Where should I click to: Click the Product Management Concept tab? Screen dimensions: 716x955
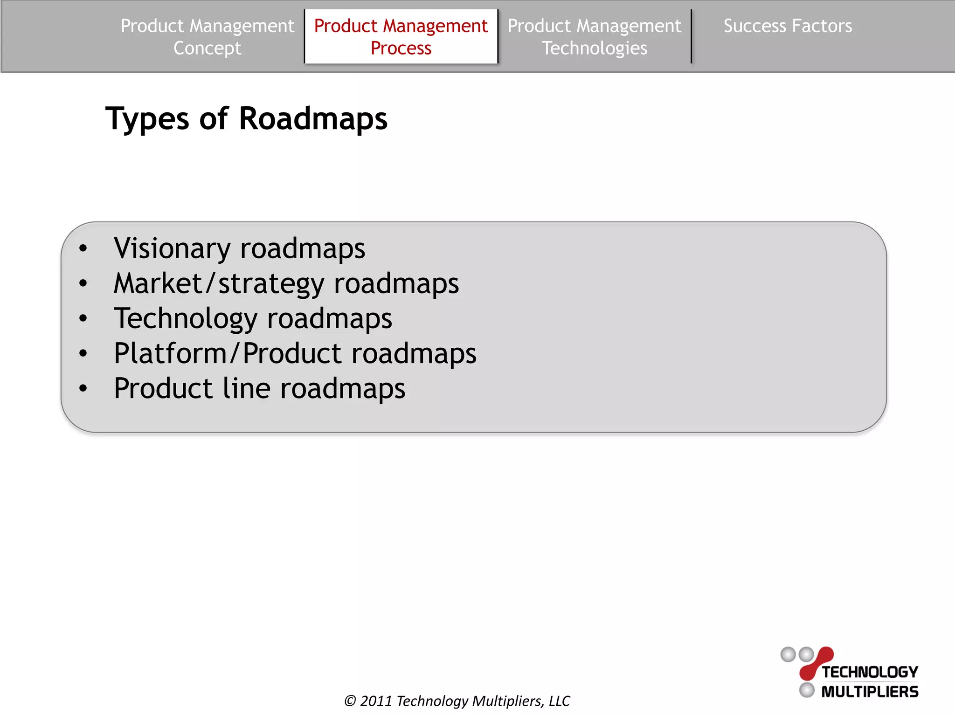pos(207,37)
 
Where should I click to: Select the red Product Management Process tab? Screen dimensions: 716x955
pos(401,37)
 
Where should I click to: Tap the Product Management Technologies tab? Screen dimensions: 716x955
pos(594,37)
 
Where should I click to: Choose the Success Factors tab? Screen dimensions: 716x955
pos(788,26)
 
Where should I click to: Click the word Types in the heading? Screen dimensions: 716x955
pos(147,119)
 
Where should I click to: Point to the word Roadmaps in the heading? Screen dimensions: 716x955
pos(313,119)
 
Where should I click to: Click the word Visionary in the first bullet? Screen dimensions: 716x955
pos(172,248)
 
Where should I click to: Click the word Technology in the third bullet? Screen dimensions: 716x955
pos(186,319)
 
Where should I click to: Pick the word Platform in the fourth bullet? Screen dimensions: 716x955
pos(170,353)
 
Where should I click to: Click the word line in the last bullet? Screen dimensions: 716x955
pos(246,388)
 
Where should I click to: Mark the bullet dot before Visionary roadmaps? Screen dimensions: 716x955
pos(83,248)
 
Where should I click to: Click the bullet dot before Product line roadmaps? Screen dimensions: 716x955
pos(83,388)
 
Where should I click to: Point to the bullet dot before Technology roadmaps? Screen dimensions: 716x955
pos(83,318)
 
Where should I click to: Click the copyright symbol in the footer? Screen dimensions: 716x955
pos(350,701)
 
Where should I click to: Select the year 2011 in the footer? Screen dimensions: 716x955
pos(376,701)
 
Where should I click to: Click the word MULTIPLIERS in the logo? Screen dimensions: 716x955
pos(870,692)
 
